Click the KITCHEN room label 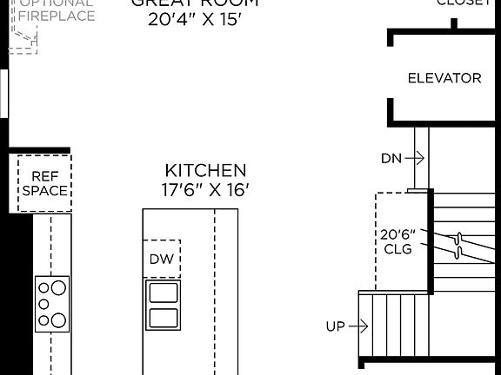tap(206, 171)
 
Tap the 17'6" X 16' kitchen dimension tap(206, 189)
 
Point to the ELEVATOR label tap(444, 78)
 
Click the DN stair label tap(391, 158)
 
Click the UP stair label tap(335, 326)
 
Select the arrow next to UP tap(359, 326)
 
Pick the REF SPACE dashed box tap(44, 183)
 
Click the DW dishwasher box tap(162, 259)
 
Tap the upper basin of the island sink tap(163, 291)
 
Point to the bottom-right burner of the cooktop tap(58, 319)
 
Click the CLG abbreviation tap(397, 247)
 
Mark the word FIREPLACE tap(57, 16)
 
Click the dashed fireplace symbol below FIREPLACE tap(23, 38)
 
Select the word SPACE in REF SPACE tap(44, 191)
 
